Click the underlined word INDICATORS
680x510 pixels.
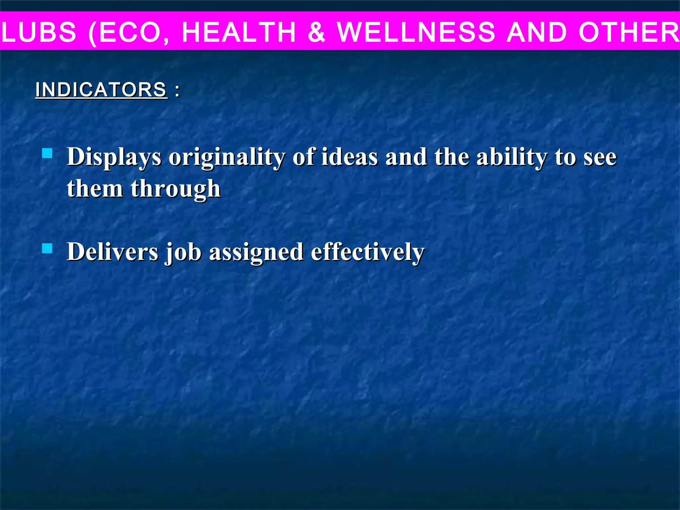(x=101, y=90)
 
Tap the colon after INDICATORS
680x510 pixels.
(x=177, y=90)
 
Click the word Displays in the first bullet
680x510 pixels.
(x=114, y=157)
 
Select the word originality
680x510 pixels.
(x=226, y=157)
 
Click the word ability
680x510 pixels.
(x=512, y=157)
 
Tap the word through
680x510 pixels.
(x=176, y=189)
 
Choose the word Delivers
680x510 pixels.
(x=113, y=252)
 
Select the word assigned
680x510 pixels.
(x=256, y=252)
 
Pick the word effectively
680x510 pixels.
(x=368, y=252)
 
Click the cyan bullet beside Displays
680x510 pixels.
(x=47, y=153)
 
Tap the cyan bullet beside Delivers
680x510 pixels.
(x=47, y=248)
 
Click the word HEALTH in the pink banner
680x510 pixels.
(x=239, y=32)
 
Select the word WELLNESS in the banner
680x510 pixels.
(x=416, y=32)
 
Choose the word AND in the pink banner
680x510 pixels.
(x=537, y=32)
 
